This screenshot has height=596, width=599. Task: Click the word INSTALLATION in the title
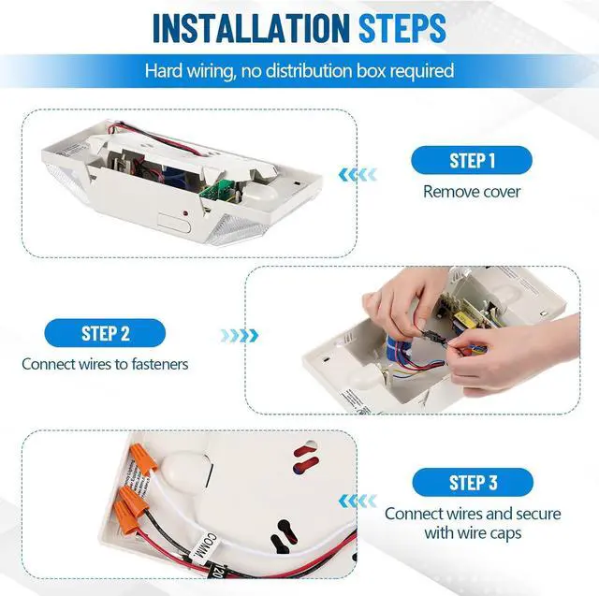coord(251,28)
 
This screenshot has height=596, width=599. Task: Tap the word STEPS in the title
coord(402,28)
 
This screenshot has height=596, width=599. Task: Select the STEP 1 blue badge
coord(472,160)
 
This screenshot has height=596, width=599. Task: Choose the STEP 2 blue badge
coord(105,333)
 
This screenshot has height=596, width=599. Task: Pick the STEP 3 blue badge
coord(473,482)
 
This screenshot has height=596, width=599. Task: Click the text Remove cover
coord(472,192)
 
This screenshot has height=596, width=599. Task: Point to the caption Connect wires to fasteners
coord(105,364)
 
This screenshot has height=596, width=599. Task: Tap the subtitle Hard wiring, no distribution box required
coord(299,71)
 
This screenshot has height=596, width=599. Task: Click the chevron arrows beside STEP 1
coord(358,175)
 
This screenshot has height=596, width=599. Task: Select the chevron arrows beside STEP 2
coord(240,336)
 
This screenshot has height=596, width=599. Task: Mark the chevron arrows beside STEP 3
coord(358,501)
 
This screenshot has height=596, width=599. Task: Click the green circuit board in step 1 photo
coord(216,190)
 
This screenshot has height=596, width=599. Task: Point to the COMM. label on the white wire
coord(203,546)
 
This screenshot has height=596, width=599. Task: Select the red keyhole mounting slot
coord(306,458)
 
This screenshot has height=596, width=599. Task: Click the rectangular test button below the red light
coord(174,224)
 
